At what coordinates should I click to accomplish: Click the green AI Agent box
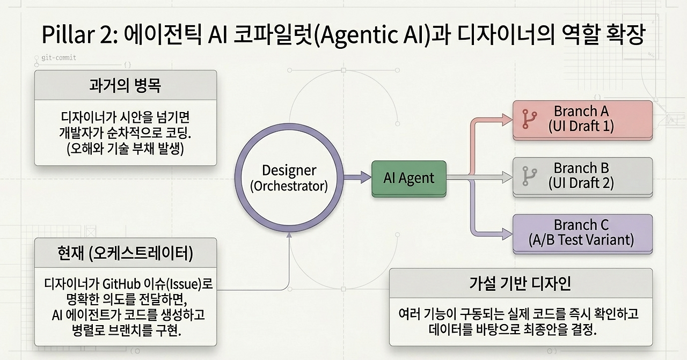[x=409, y=179]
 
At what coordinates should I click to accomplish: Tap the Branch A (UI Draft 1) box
[x=582, y=120]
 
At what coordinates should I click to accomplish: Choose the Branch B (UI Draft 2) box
[x=582, y=177]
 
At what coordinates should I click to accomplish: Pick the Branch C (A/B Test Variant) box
[x=582, y=234]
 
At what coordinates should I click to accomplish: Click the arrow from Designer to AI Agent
[x=357, y=177]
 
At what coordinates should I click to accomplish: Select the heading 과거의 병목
[x=125, y=85]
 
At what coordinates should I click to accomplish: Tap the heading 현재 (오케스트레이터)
[x=125, y=253]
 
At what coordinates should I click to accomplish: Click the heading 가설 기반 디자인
[x=520, y=283]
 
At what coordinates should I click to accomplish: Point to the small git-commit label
[x=59, y=57]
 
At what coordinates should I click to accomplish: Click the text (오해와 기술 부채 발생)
[x=125, y=149]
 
